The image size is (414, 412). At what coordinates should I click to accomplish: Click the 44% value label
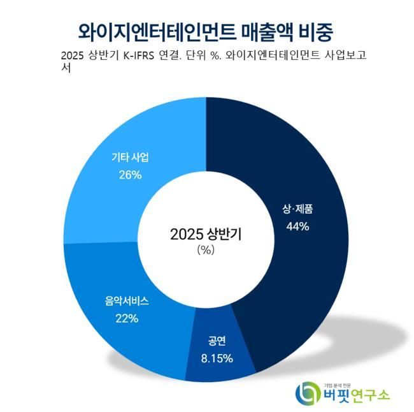click(x=297, y=226)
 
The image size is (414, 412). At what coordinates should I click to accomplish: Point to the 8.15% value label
click(x=217, y=358)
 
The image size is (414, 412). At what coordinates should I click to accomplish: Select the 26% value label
click(x=129, y=174)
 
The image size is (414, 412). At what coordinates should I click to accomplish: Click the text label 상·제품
click(x=297, y=209)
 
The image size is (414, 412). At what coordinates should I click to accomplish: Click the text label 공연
click(x=217, y=341)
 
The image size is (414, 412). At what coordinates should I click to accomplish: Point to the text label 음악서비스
click(x=127, y=301)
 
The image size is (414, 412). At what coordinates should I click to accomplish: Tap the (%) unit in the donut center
click(x=206, y=250)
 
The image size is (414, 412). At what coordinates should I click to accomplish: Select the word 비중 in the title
click(x=317, y=30)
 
